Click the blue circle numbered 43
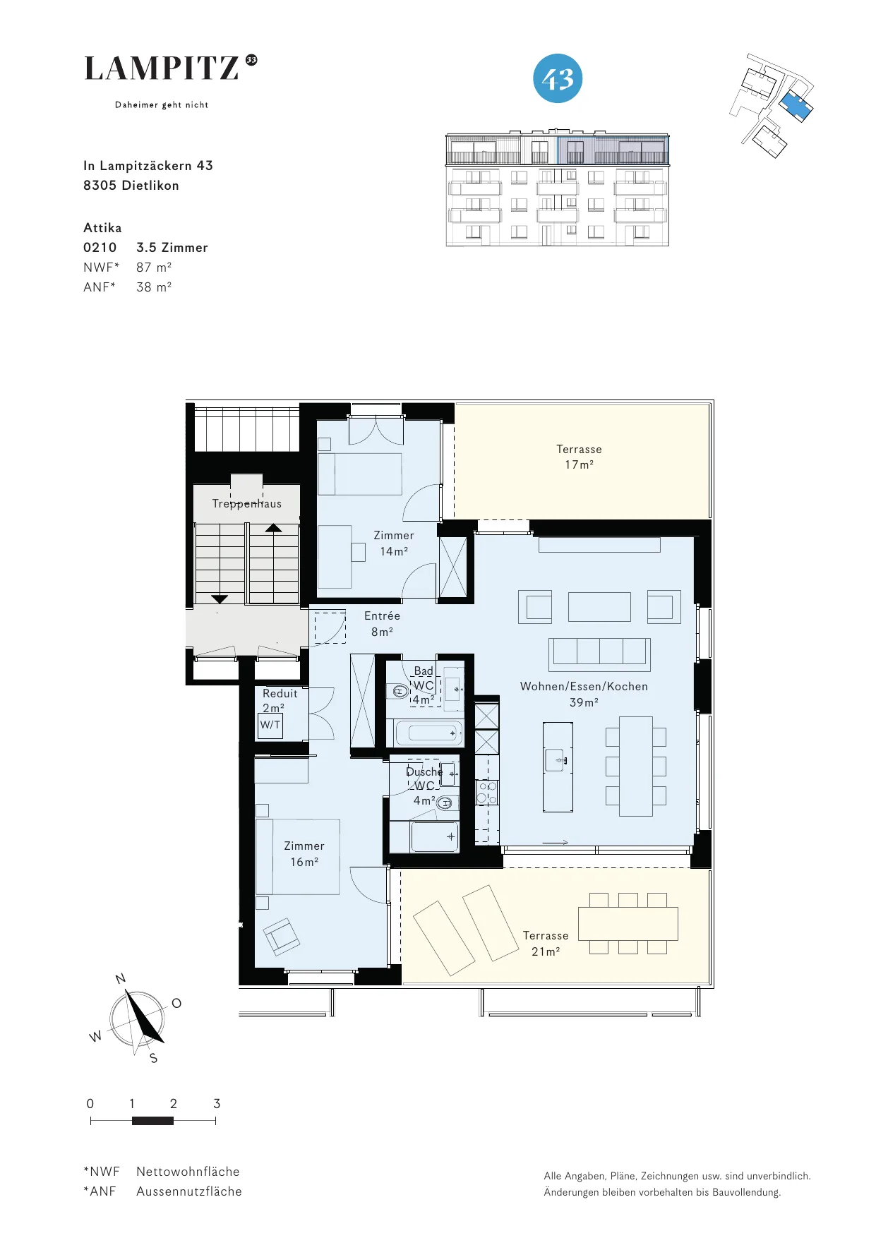pyautogui.click(x=558, y=78)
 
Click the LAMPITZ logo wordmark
pyautogui.click(x=162, y=68)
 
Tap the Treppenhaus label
pyautogui.click(x=247, y=503)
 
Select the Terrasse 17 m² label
pyautogui.click(x=579, y=457)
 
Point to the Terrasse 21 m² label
pyautogui.click(x=546, y=943)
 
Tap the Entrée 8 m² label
pyautogui.click(x=382, y=624)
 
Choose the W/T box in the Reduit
pyautogui.click(x=270, y=726)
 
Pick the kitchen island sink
pyautogui.click(x=555, y=760)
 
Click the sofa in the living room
pyautogui.click(x=599, y=654)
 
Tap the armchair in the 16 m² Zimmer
pyautogui.click(x=282, y=937)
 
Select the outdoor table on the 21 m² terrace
pyautogui.click(x=628, y=923)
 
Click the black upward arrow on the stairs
pyautogui.click(x=274, y=528)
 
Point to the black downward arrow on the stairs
pyautogui.click(x=220, y=599)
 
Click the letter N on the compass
pyautogui.click(x=121, y=978)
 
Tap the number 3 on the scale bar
pyautogui.click(x=217, y=1103)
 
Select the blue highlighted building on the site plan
pyautogui.click(x=796, y=104)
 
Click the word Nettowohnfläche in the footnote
pyautogui.click(x=188, y=1172)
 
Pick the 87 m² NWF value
pyautogui.click(x=154, y=268)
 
